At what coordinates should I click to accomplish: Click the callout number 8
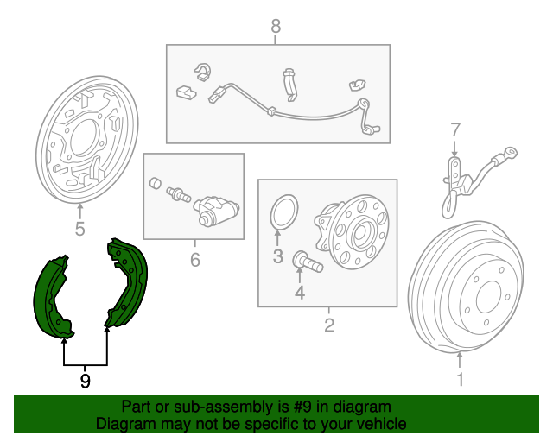click(x=276, y=26)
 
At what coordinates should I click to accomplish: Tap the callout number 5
click(x=80, y=229)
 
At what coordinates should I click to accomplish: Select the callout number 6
click(x=195, y=260)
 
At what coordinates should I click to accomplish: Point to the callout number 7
click(x=455, y=129)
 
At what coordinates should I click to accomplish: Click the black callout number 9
click(x=85, y=381)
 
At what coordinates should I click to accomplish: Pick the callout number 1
click(x=461, y=379)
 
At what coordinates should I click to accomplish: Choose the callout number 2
click(x=329, y=325)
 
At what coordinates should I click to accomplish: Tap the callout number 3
click(x=278, y=256)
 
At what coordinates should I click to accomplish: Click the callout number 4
click(x=300, y=293)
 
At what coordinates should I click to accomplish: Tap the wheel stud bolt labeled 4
click(x=308, y=262)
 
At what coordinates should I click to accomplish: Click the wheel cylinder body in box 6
click(x=216, y=210)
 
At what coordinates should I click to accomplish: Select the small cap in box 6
click(x=156, y=183)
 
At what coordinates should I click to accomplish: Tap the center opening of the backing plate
click(x=84, y=138)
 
